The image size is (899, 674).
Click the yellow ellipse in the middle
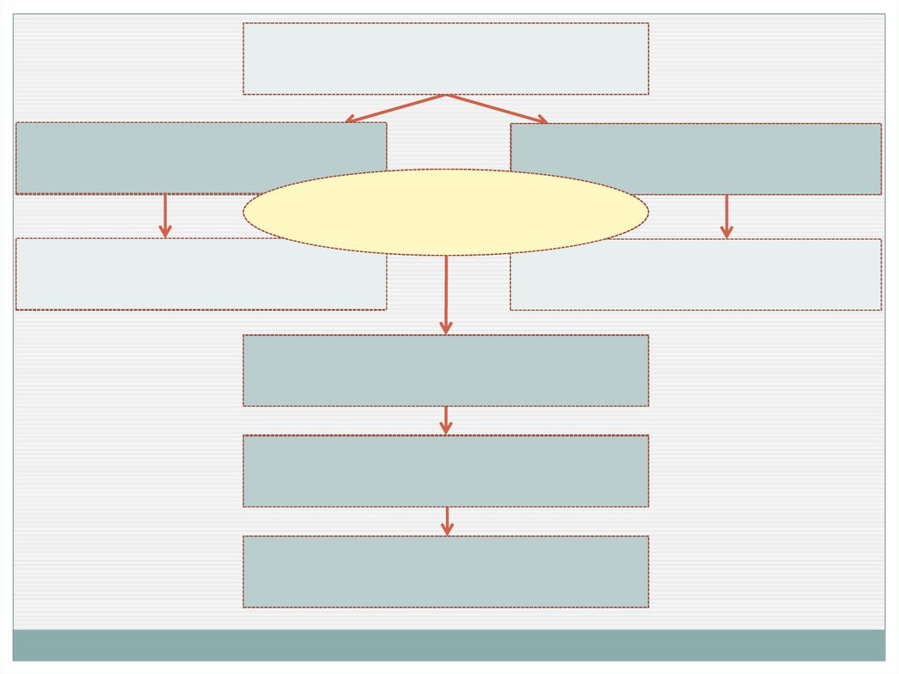tap(446, 212)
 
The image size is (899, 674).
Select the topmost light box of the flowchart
tap(446, 58)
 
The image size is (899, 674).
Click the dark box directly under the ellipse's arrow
tap(446, 370)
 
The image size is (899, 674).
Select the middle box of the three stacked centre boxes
tap(446, 470)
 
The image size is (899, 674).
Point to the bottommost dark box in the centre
tap(446, 571)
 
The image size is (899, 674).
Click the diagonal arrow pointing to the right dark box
tap(497, 108)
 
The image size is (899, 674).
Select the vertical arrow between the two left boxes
tap(165, 214)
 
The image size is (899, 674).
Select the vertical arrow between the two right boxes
tap(726, 215)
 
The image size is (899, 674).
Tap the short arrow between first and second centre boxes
tap(446, 419)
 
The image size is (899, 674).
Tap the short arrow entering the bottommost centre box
tap(447, 520)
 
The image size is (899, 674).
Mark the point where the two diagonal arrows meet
tap(447, 95)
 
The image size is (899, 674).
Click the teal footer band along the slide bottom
tap(449, 644)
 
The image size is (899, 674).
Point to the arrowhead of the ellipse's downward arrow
tap(446, 328)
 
